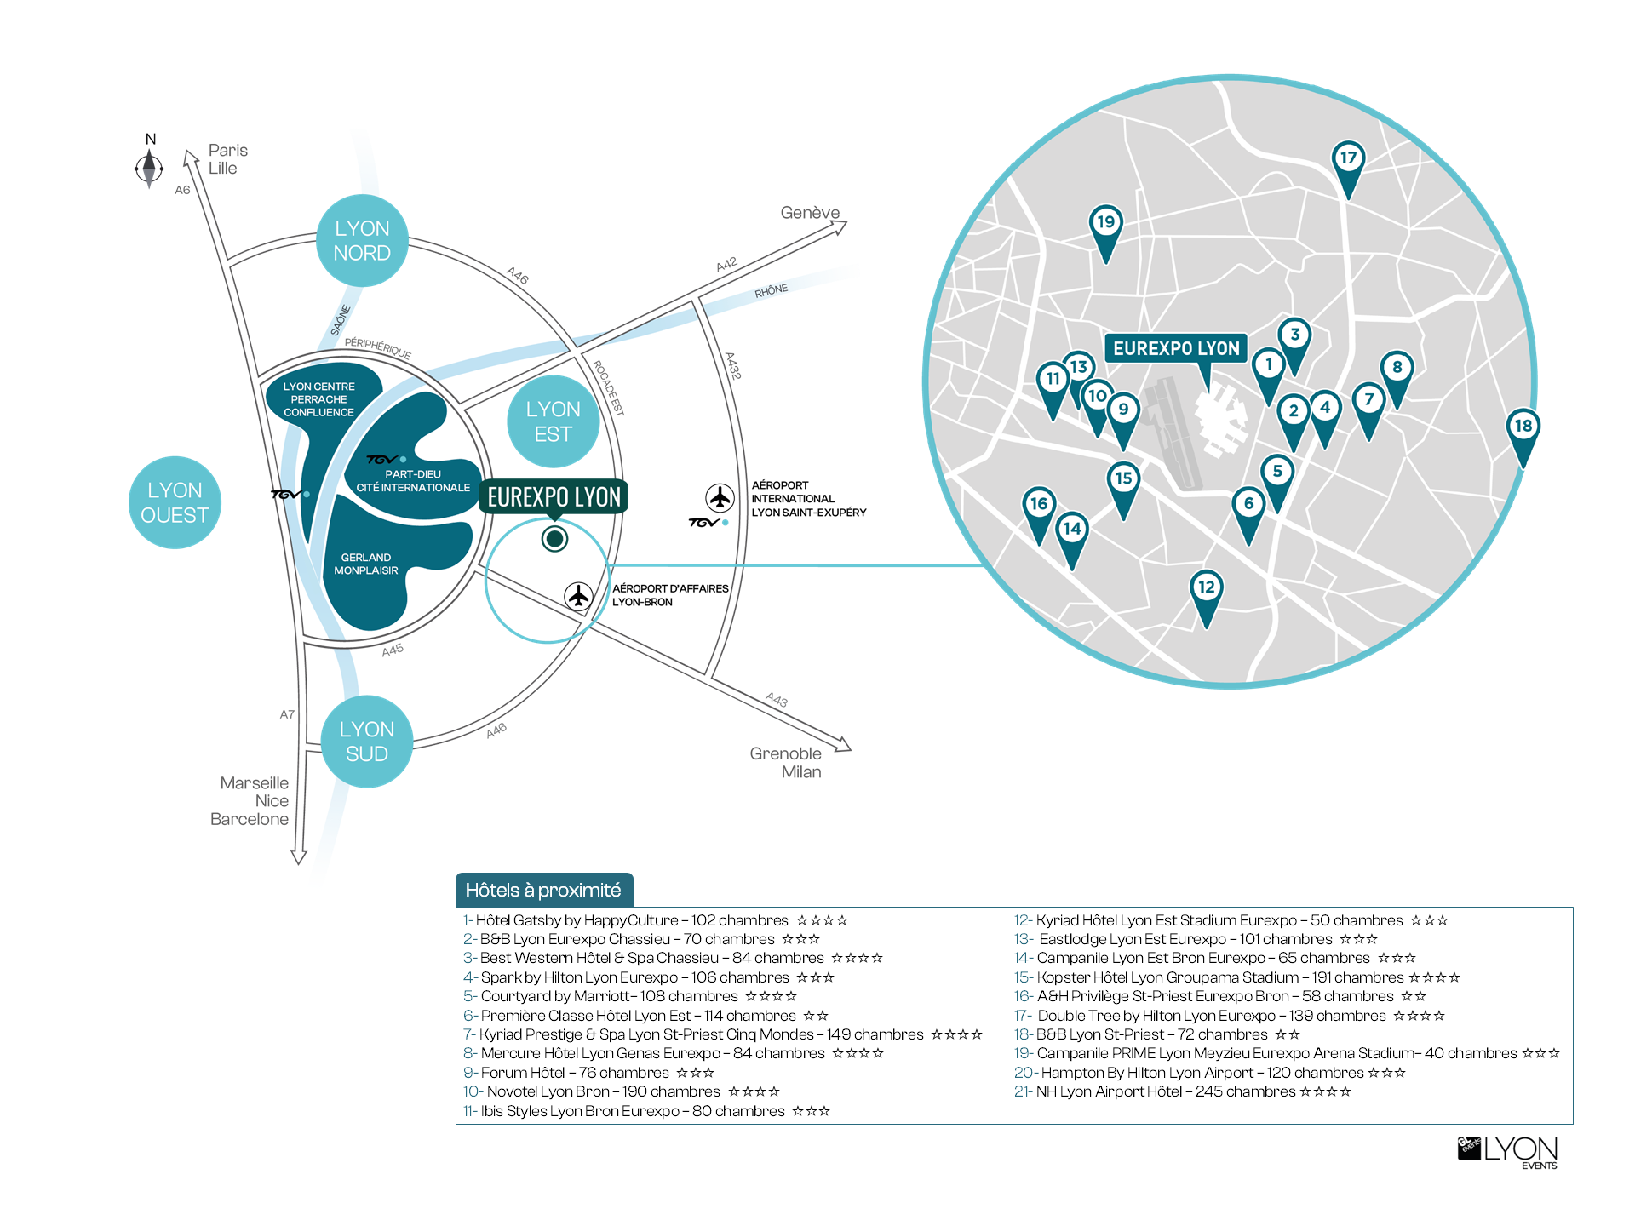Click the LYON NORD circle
362,241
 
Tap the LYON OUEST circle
175,502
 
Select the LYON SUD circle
367,742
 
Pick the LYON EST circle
554,421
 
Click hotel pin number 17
1348,165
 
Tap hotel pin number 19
1105,230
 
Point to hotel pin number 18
1523,433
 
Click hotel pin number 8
1397,375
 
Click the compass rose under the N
149,167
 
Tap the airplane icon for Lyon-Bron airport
579,596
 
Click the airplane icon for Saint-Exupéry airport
720,497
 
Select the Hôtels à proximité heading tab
544,890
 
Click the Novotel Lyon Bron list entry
622,1091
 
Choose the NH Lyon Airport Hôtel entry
1182,1091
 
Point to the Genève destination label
810,212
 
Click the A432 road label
732,365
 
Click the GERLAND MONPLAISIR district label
366,564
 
